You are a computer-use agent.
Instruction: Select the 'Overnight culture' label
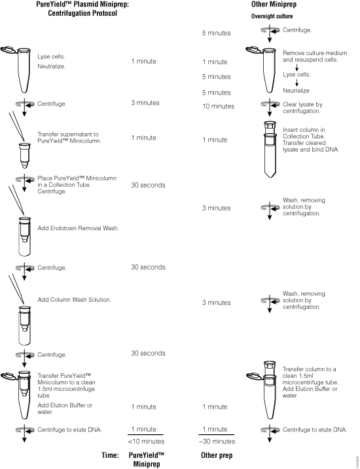(x=272, y=16)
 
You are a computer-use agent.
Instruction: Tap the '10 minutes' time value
(x=216, y=106)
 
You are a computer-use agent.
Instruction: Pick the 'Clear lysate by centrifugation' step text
(x=304, y=107)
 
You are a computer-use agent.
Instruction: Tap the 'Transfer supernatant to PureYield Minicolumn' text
(x=67, y=137)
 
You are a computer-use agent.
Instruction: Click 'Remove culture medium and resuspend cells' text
(x=310, y=55)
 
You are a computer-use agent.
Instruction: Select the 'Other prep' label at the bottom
(x=217, y=455)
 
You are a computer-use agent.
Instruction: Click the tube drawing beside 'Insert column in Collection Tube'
(x=269, y=149)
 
